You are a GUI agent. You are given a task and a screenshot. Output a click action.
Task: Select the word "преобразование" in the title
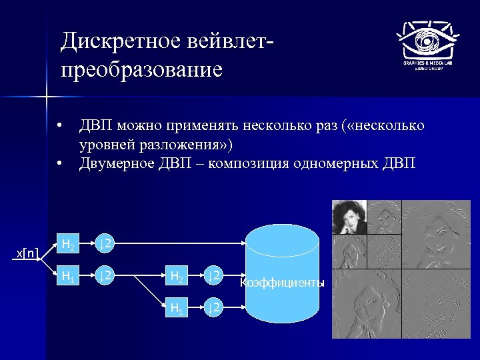tap(141, 69)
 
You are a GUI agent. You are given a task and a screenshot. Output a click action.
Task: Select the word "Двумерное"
tap(115, 163)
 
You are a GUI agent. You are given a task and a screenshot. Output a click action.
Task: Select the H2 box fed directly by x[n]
tap(69, 244)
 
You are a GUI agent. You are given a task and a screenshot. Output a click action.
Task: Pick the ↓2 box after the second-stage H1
tap(213, 307)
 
